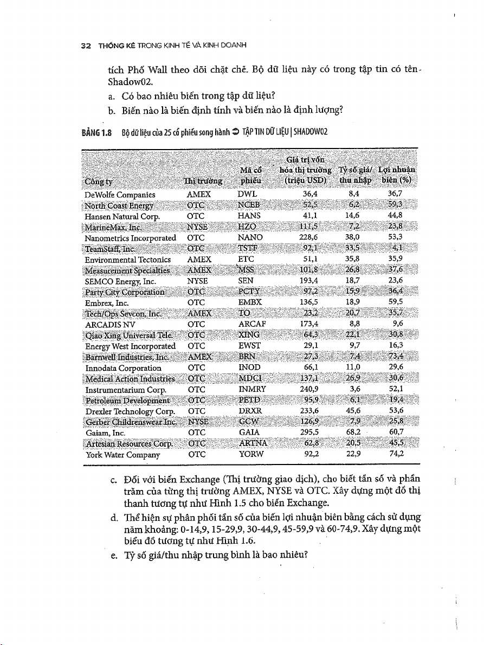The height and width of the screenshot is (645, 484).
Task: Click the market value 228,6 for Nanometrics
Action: coord(308,237)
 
